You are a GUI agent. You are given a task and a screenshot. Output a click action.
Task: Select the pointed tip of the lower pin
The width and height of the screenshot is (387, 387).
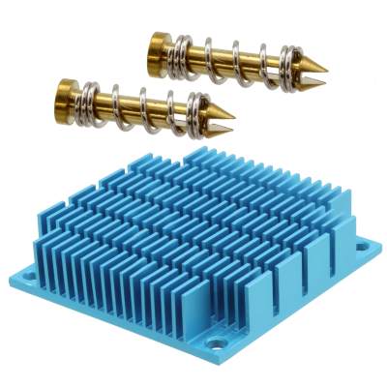(x=230, y=125)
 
